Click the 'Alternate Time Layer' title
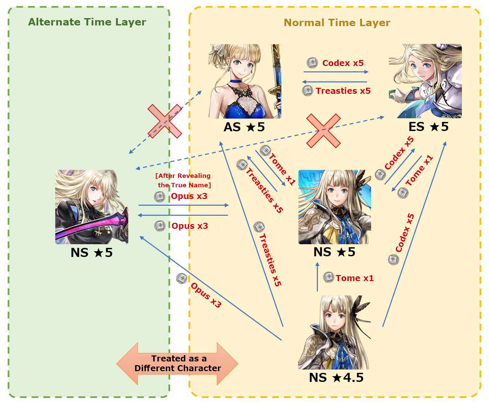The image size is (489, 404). pos(87,22)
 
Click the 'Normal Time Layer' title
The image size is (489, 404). pos(337,23)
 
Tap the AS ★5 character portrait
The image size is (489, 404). pos(245,81)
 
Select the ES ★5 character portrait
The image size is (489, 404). pos(425,81)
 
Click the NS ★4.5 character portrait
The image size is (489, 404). pos(335,332)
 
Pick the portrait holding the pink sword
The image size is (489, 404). pos(91,207)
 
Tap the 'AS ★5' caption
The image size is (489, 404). pos(244,127)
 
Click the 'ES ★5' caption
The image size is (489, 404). pos(428,127)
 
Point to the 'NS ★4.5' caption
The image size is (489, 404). pos(336,378)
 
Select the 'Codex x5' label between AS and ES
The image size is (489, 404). pos(343,63)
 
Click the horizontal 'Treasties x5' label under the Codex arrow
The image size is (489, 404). pos(343,91)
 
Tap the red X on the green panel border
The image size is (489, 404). pos(165,121)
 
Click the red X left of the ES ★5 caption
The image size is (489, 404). pos(324,131)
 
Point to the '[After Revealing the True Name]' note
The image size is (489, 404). pos(183,180)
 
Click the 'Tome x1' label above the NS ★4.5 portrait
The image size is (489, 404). pos(355,278)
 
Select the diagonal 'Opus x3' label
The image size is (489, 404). pos(206,295)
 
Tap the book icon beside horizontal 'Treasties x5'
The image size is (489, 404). pos(307,91)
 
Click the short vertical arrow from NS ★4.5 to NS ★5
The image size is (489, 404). pos(317,277)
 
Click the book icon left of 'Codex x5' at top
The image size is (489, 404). pos(312,63)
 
